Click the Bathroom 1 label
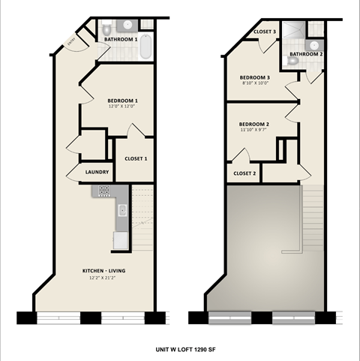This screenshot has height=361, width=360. (x=121, y=39)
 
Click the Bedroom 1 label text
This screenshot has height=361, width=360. (x=122, y=100)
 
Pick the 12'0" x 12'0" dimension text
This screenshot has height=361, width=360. (x=122, y=107)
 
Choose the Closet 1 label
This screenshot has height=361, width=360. (x=136, y=158)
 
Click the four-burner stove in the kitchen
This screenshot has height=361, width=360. (x=101, y=192)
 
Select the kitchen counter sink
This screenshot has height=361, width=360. (x=122, y=210)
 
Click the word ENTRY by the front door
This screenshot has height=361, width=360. (x=70, y=43)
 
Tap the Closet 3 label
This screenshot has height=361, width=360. (x=265, y=32)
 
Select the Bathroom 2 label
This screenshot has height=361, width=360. (x=306, y=54)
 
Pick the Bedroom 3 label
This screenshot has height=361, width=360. (x=255, y=77)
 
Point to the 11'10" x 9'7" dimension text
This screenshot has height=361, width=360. (x=254, y=130)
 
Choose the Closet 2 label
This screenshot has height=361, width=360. (x=244, y=173)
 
